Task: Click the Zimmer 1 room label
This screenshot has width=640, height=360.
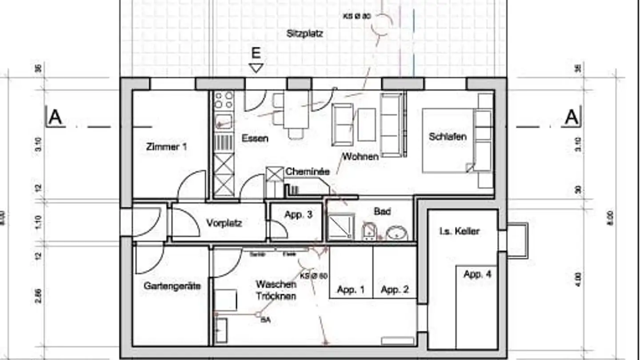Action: pyautogui.click(x=166, y=146)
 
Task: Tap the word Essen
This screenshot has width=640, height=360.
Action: pyautogui.click(x=255, y=138)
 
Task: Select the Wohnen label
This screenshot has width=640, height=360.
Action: pyautogui.click(x=360, y=156)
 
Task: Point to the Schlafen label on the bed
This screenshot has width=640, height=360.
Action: pyautogui.click(x=448, y=136)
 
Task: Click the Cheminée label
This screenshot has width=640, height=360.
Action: pyautogui.click(x=307, y=171)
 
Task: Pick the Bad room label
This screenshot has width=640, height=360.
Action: pyautogui.click(x=382, y=212)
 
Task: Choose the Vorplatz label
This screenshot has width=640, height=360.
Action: pyautogui.click(x=224, y=223)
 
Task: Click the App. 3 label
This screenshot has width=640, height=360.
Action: pyautogui.click(x=298, y=215)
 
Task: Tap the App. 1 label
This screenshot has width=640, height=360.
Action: pyautogui.click(x=351, y=290)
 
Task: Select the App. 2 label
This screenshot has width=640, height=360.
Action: pyautogui.click(x=395, y=290)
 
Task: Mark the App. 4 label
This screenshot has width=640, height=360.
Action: pyautogui.click(x=477, y=274)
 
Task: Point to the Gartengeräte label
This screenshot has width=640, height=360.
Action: pyautogui.click(x=172, y=286)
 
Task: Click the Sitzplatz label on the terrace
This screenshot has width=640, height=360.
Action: pyautogui.click(x=305, y=33)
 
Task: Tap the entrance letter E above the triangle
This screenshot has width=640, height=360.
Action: pyautogui.click(x=256, y=54)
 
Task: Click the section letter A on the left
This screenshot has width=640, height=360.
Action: pyautogui.click(x=55, y=118)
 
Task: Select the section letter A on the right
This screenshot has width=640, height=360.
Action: pyautogui.click(x=572, y=118)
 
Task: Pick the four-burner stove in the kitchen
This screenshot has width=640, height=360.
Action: pyautogui.click(x=224, y=100)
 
